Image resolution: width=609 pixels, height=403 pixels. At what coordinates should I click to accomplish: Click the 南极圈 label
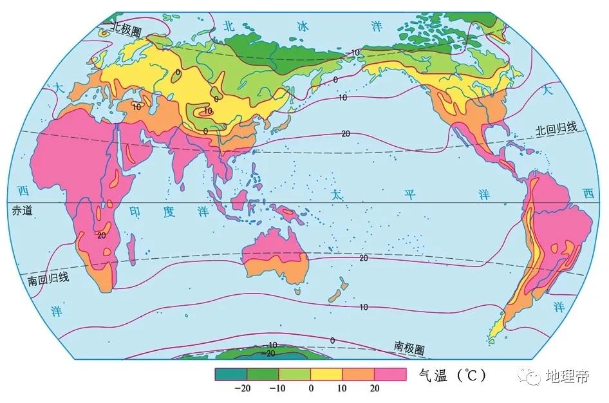[409, 348]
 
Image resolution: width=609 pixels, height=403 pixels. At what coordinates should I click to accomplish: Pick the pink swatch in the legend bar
[390, 373]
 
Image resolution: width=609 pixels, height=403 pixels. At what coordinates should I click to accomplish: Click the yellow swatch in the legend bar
[326, 373]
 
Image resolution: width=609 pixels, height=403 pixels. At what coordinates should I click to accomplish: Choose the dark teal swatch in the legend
[231, 373]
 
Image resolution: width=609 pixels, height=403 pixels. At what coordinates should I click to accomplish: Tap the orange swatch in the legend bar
[358, 373]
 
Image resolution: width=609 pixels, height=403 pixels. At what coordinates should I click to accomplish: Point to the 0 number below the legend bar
[311, 388]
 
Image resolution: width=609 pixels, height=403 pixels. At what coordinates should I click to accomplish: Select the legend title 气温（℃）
[451, 375]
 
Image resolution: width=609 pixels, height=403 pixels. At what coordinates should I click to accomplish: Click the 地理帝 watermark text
[567, 377]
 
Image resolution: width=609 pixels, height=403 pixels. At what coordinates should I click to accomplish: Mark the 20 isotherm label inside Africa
[101, 235]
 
